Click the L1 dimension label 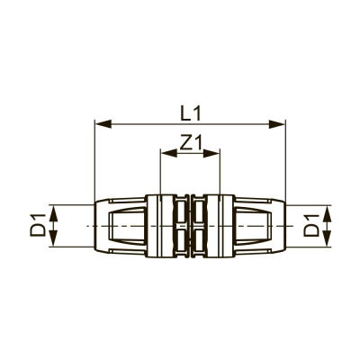point(189,113)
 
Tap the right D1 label point(310,226)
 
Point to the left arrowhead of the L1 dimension point(103,124)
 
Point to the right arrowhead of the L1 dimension point(277,124)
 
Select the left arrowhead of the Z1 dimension point(168,153)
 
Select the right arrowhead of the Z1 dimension point(211,153)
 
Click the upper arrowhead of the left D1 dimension point(53,213)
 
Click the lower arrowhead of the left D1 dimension point(53,238)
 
